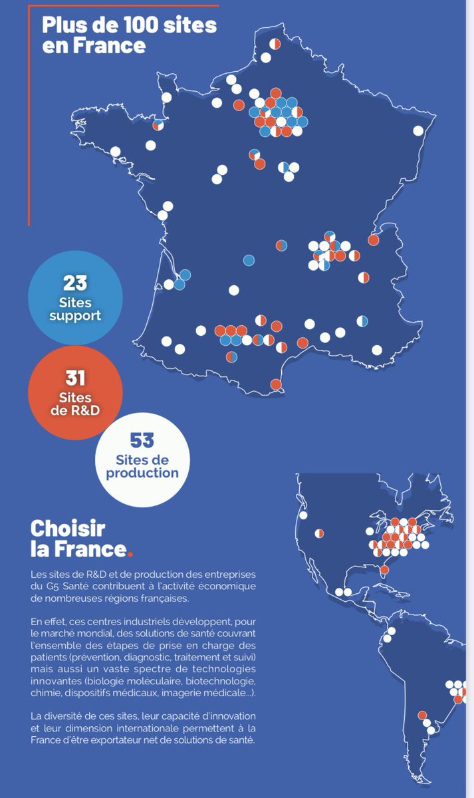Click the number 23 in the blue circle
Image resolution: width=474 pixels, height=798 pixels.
[x=76, y=283]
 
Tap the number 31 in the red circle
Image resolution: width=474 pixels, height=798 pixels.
[x=75, y=378]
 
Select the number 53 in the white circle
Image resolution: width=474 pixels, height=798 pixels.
[x=142, y=440]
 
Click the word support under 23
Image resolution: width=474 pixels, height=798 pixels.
[x=75, y=316]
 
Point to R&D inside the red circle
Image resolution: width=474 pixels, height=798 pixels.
[x=75, y=410]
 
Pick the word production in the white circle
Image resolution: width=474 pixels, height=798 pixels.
[x=142, y=473]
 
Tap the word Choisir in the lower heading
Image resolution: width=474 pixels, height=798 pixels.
[x=68, y=529]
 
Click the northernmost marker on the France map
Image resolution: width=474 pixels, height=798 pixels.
[x=275, y=44]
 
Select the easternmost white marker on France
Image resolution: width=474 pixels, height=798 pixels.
[x=418, y=130]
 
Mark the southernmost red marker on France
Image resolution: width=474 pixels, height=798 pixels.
[x=276, y=384]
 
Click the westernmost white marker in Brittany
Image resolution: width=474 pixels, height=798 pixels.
[x=116, y=152]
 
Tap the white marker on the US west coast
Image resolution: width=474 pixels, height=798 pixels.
[x=304, y=515]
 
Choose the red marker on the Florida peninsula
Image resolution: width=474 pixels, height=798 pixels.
[x=384, y=569]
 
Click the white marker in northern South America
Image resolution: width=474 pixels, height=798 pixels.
[x=391, y=631]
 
